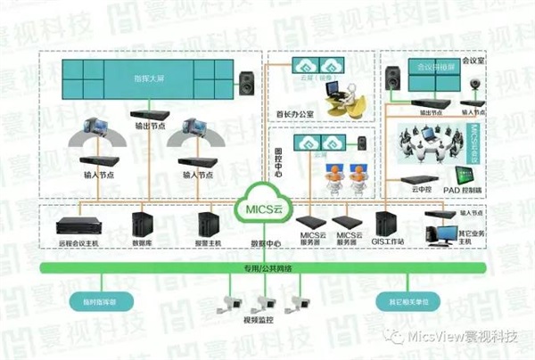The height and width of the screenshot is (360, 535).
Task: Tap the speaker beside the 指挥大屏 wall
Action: (247, 86)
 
